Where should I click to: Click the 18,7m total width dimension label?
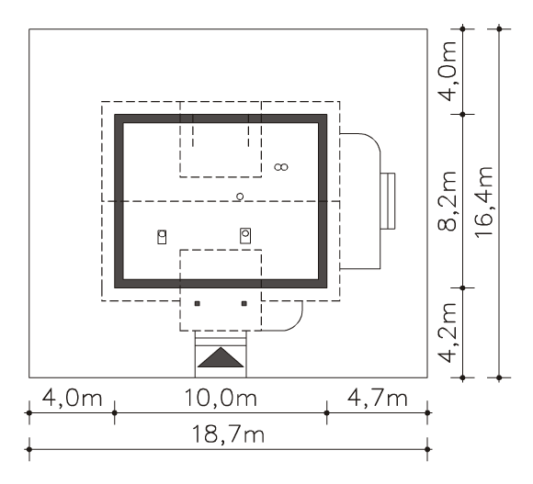point(228,434)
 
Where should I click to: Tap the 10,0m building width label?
point(221,398)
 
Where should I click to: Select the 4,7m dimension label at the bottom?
point(377,398)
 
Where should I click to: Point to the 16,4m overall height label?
point(484,202)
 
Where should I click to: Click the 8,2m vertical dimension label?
point(448,201)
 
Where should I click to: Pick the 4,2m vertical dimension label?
point(448,332)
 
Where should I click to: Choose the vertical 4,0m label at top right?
point(448,72)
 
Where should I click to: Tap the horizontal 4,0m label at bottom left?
point(72,398)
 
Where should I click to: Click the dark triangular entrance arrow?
point(221,357)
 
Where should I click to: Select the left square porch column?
point(198,304)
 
